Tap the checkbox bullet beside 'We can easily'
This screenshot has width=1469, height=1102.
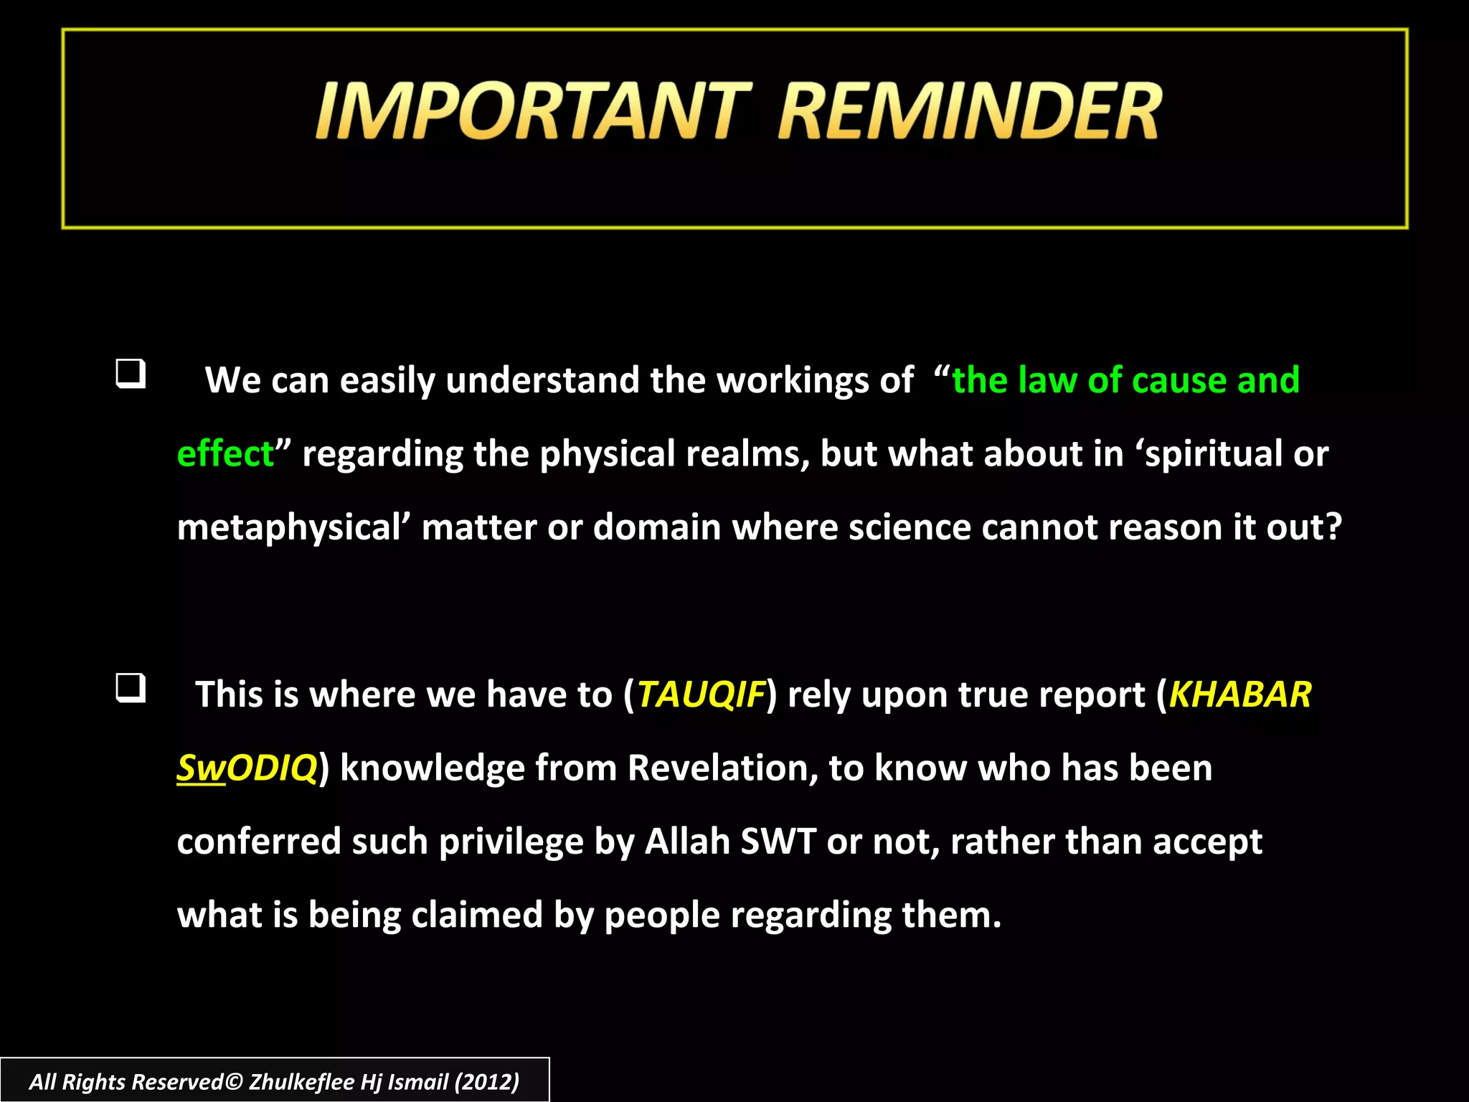(x=131, y=374)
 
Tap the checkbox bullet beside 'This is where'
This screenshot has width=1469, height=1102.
(x=131, y=688)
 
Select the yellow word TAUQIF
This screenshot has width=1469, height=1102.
(x=701, y=694)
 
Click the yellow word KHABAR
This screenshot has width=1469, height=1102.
(x=1239, y=694)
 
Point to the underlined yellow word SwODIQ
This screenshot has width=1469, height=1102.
(x=247, y=768)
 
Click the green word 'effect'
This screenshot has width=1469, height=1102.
(x=225, y=454)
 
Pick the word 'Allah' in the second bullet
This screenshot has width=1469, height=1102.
(x=687, y=841)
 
